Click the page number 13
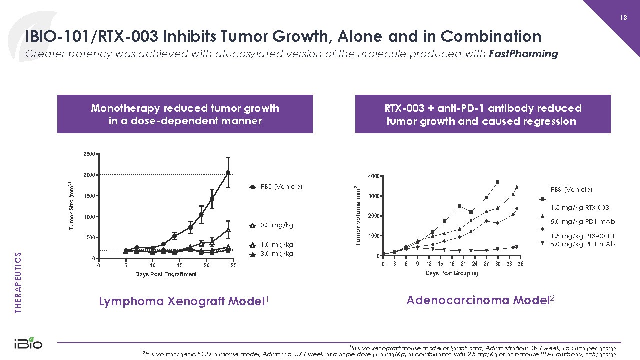(623, 18)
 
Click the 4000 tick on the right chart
(373, 176)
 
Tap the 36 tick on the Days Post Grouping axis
(520, 264)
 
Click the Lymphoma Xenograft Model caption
(181, 301)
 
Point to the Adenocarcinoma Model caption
(477, 300)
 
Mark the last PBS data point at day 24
(228, 173)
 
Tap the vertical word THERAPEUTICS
(18, 282)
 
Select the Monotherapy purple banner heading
(185, 114)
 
